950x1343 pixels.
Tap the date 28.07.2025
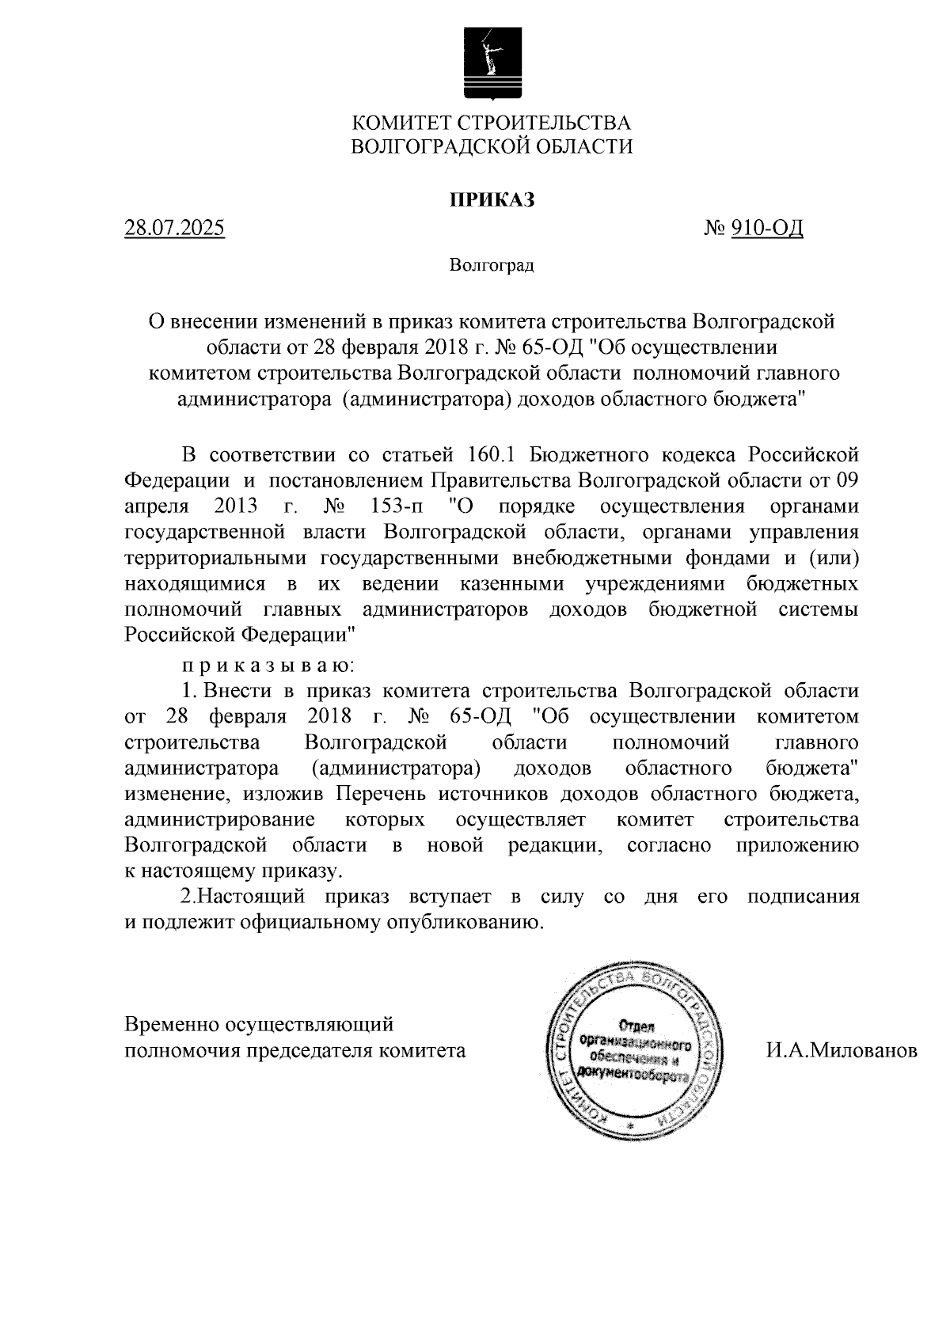click(x=175, y=230)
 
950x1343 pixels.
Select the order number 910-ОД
click(x=766, y=230)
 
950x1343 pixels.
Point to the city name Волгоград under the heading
click(x=492, y=265)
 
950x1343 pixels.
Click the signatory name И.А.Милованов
click(x=841, y=1051)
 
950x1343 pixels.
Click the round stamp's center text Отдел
click(x=635, y=1026)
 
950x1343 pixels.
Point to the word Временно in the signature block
click(x=172, y=1025)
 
